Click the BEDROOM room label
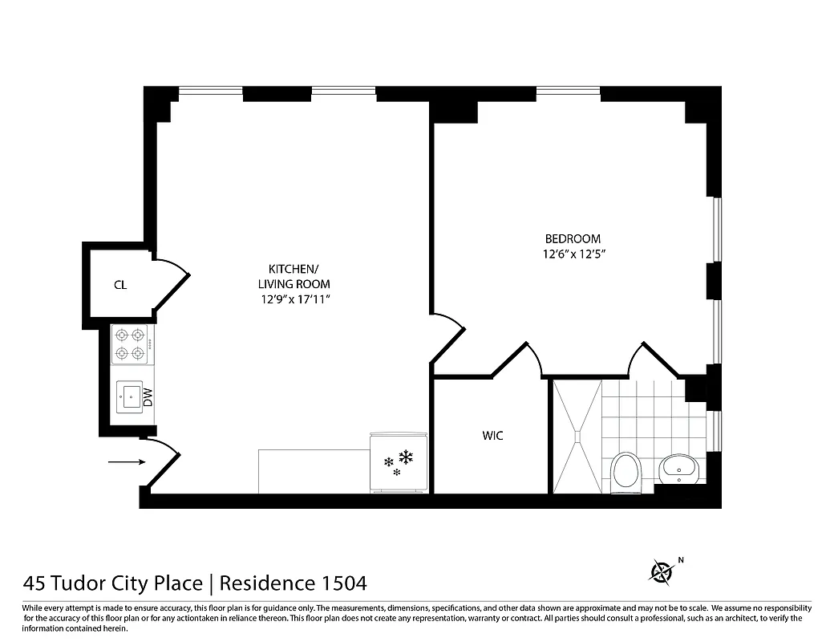[x=573, y=238]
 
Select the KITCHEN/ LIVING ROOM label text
[x=294, y=276]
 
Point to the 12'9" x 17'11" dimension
[x=294, y=299]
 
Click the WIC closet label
[x=492, y=436]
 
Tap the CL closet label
[x=120, y=284]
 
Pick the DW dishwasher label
[x=148, y=395]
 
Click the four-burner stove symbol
[x=131, y=343]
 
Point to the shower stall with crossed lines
[x=577, y=436]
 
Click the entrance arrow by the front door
[x=127, y=461]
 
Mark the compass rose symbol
[x=662, y=571]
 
